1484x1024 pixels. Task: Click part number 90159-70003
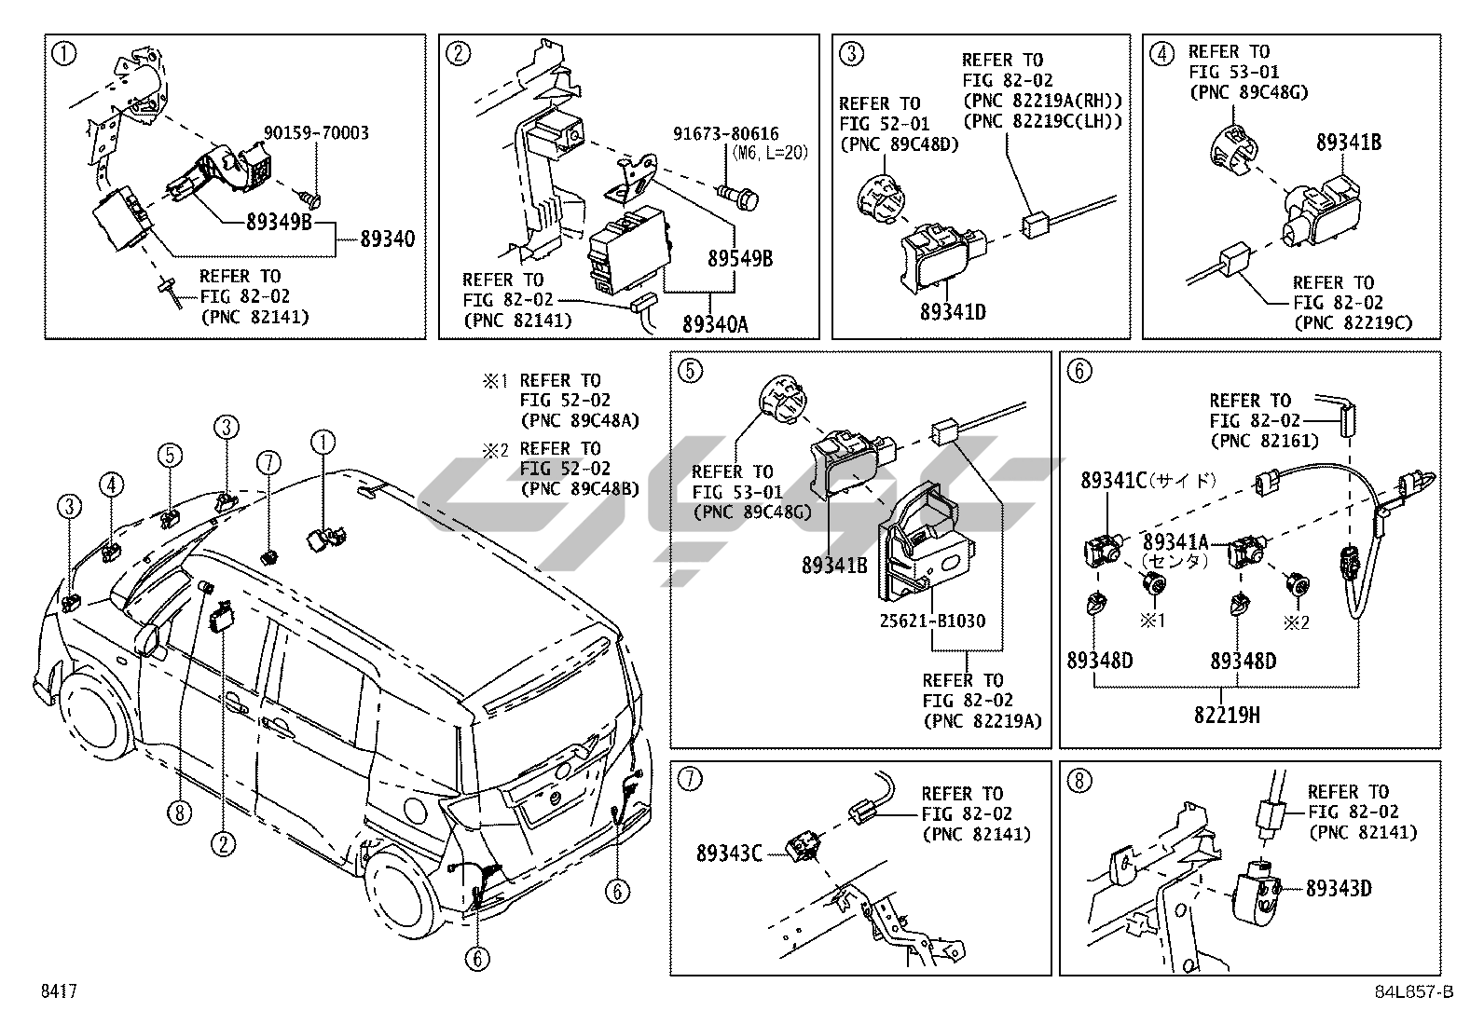click(316, 133)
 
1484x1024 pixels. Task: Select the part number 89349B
click(279, 222)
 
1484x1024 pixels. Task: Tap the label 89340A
click(716, 324)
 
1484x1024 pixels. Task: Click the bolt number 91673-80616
click(726, 134)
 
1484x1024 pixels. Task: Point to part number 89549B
click(740, 258)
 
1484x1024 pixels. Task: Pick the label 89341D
click(953, 311)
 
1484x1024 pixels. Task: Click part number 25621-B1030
click(933, 621)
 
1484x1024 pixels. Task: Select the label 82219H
click(1227, 715)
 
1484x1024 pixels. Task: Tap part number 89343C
click(729, 853)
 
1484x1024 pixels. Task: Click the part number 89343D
click(1339, 888)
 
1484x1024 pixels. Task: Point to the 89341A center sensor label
click(1176, 541)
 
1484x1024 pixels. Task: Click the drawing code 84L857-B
click(1414, 991)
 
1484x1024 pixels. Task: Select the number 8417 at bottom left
click(59, 990)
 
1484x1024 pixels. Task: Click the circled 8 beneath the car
click(180, 812)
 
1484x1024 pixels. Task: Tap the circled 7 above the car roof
click(268, 462)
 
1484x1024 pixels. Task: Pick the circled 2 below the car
click(224, 844)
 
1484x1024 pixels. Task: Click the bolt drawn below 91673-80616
click(737, 196)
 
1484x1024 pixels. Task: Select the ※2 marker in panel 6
click(1296, 622)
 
